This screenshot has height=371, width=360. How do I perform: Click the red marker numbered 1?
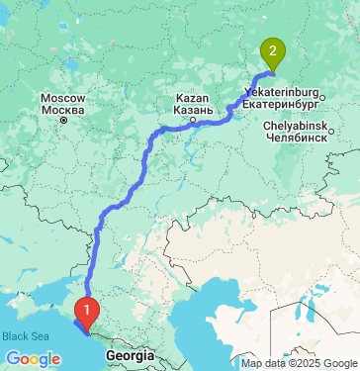(x=87, y=313)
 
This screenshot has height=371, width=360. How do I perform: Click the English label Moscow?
(x=63, y=98)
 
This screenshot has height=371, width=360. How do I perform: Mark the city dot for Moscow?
(x=63, y=120)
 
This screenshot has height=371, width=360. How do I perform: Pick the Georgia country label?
(x=131, y=354)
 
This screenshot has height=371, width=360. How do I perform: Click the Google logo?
(x=33, y=358)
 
